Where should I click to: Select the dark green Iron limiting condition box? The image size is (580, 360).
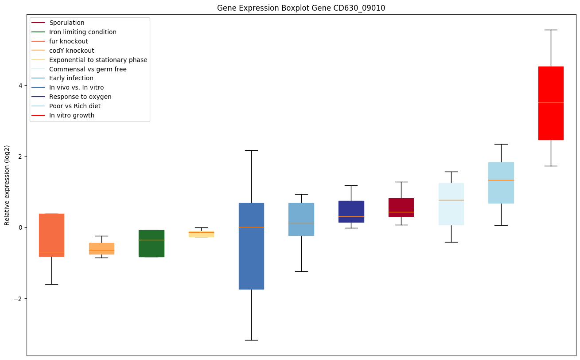[x=151, y=243]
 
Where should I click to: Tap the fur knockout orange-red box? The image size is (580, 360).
[x=51, y=235]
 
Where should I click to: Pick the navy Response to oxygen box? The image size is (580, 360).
[x=351, y=211]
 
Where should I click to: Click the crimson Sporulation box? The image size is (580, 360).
[x=401, y=207]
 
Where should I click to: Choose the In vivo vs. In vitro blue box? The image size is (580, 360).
[x=251, y=246]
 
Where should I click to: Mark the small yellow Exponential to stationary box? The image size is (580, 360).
[x=201, y=234]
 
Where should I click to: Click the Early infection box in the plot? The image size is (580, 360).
[x=301, y=219]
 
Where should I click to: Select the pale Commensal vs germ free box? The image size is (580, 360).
[x=451, y=204]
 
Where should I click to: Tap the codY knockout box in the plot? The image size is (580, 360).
[x=101, y=248]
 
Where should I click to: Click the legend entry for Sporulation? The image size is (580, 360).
[x=67, y=23]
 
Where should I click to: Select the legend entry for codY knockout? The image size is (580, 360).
[x=71, y=51]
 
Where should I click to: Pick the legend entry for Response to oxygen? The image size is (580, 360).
[x=80, y=97]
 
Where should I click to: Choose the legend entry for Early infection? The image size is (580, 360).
[x=71, y=78]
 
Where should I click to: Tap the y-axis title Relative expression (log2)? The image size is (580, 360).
[x=7, y=185]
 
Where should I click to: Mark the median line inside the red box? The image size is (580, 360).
[x=550, y=102]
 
